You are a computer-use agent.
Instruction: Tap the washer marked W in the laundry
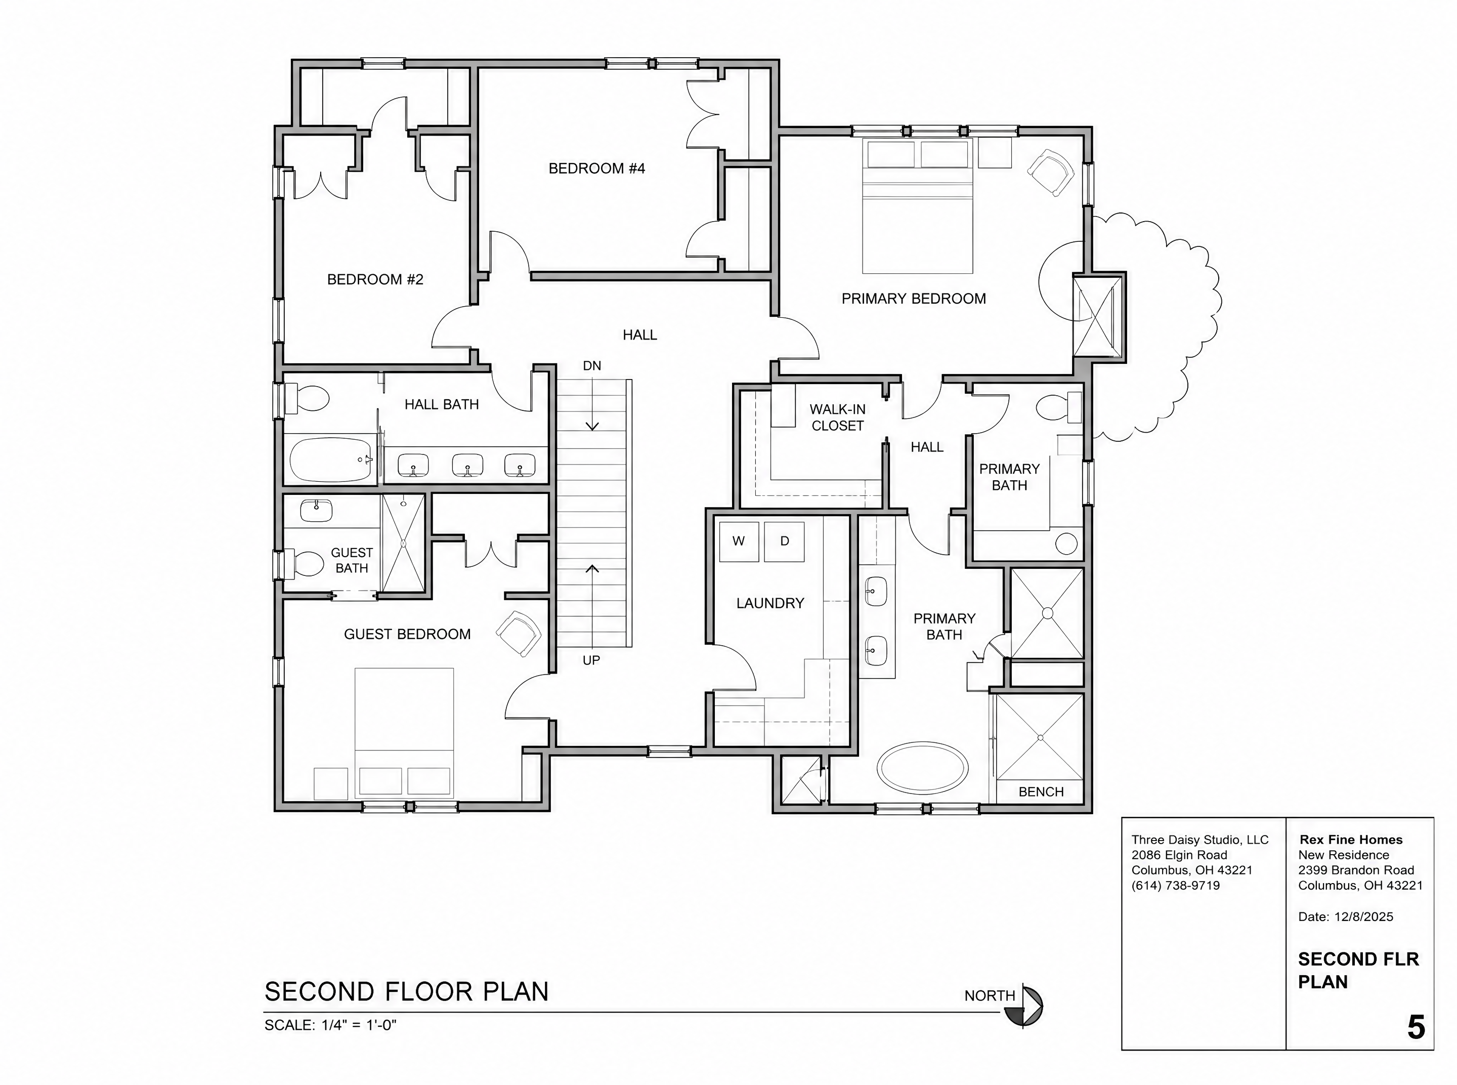739,541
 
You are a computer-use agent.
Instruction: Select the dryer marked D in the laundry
784,541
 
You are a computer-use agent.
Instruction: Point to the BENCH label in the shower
1041,792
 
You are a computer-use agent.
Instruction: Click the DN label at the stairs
591,366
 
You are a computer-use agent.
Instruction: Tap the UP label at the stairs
591,660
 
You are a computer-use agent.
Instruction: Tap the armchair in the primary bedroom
1051,172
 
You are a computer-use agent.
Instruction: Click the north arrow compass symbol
1024,1006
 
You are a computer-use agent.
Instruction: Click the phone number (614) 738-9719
1175,885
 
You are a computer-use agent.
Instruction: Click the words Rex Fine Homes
1351,840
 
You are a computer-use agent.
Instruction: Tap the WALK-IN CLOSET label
837,418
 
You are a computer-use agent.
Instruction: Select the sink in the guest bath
317,510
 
